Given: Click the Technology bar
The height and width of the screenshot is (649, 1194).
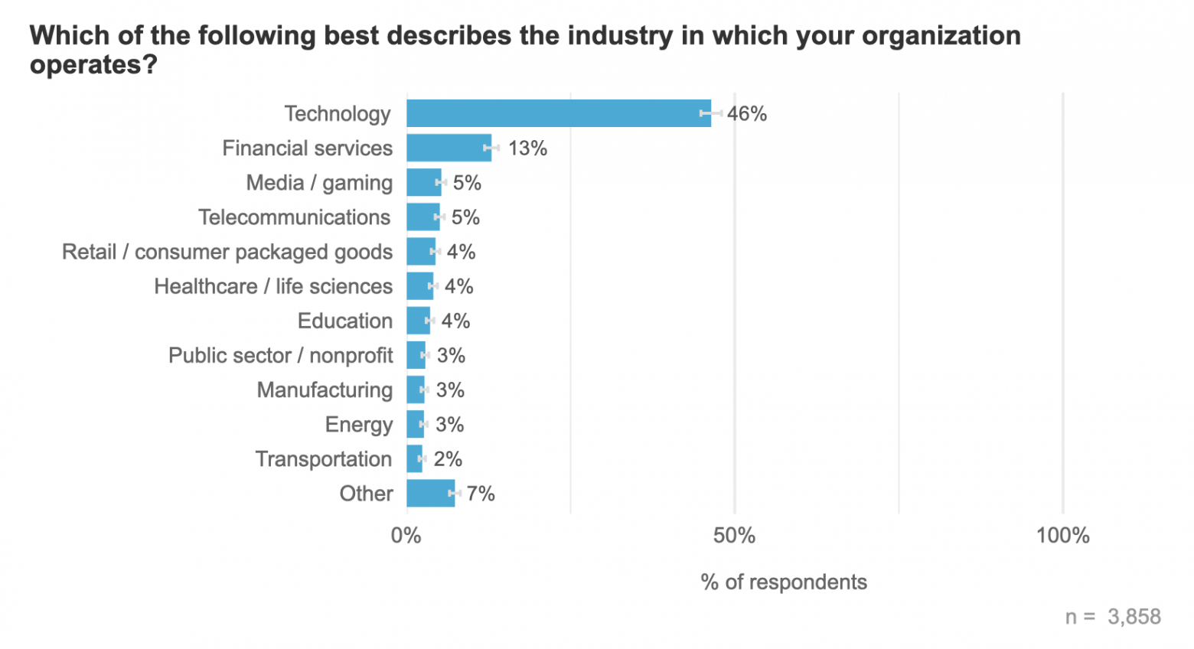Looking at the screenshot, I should point(559,113).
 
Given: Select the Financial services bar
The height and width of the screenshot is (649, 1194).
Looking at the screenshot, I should point(449,148).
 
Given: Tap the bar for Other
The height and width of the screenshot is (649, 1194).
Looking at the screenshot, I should point(430,494).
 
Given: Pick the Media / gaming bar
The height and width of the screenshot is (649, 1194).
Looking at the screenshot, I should point(423,183).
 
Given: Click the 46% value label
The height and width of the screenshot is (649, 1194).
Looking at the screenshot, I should point(746,114).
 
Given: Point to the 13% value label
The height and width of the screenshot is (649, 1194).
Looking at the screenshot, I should point(527,148).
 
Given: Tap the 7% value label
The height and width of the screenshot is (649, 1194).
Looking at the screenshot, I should point(481,494).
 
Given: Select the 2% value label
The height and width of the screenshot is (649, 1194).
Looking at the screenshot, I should point(448,459).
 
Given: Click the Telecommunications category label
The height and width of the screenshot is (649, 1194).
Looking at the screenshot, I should point(295,217).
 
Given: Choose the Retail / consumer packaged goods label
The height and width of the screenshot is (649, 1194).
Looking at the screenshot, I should point(227,252).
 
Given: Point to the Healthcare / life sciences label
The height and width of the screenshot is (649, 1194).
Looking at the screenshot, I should point(273,286).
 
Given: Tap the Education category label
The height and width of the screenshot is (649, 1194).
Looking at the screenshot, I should point(345,321).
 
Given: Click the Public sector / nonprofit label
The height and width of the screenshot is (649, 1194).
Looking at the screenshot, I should point(281,355).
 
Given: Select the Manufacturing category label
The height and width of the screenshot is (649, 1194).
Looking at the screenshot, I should point(325,390).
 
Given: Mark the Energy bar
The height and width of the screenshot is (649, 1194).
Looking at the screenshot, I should point(415,424).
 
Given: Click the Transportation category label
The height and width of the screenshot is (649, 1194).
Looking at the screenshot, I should point(324,459).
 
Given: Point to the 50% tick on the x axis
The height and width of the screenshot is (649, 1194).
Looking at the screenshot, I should point(734,536).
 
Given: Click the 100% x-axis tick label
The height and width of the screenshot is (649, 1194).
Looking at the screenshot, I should point(1062,536).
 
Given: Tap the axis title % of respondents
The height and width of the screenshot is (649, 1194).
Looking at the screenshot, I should point(784,582).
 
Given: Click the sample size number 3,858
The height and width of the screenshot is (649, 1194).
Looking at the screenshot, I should point(1134,617).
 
